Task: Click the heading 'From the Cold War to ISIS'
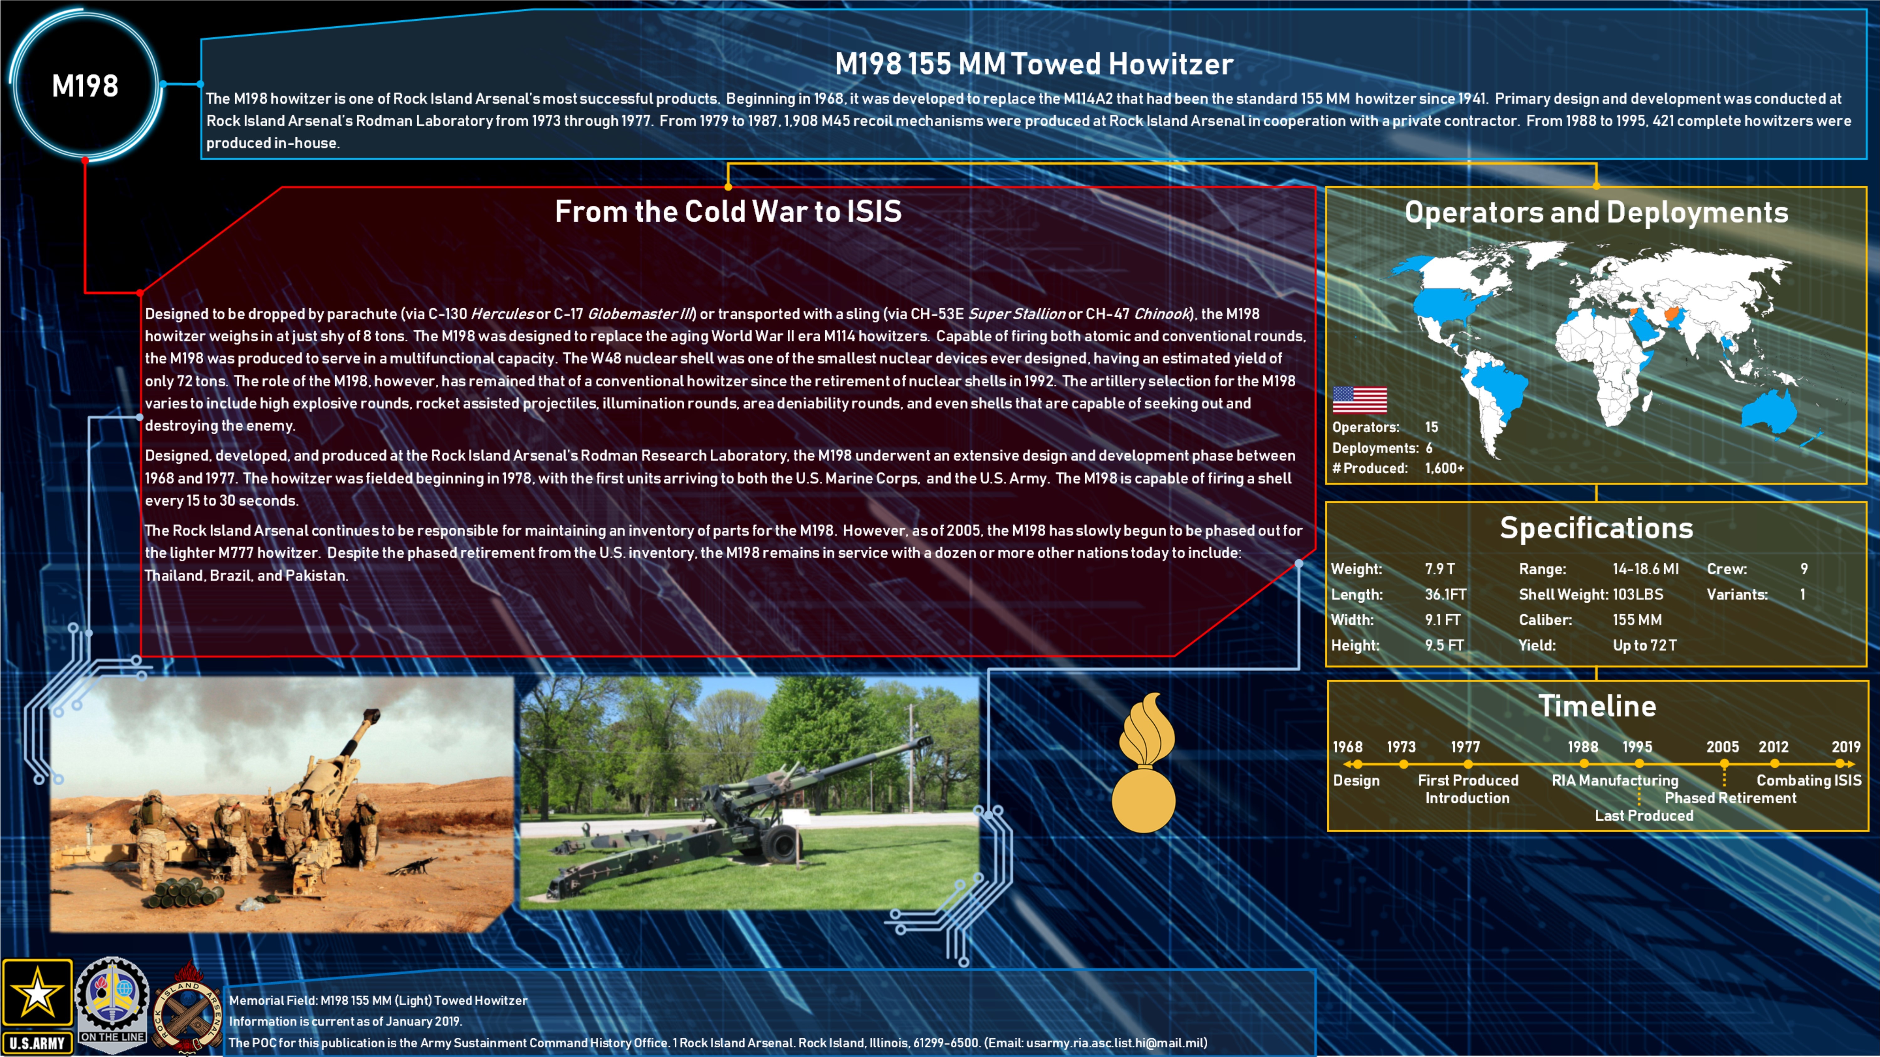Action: tap(728, 211)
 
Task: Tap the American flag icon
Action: tap(1360, 400)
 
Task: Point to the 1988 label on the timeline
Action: tap(1583, 747)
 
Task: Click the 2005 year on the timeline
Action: tap(1722, 747)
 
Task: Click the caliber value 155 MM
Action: tap(1637, 620)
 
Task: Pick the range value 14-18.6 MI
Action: tap(1646, 569)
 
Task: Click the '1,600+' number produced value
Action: tap(1444, 468)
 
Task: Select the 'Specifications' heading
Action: tap(1596, 528)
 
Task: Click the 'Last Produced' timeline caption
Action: tap(1643, 816)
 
